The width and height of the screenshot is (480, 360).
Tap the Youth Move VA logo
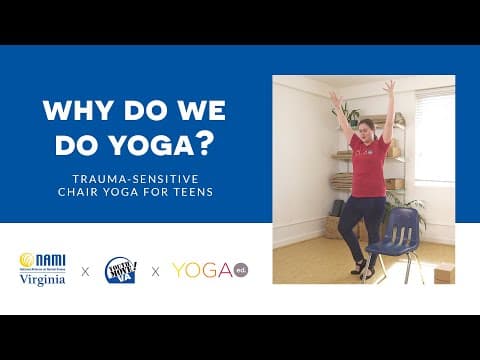click(x=121, y=269)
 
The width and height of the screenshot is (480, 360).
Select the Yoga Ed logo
click(x=209, y=270)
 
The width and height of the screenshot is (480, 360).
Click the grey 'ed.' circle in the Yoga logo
click(x=239, y=270)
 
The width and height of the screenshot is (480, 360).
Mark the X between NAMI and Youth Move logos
click(x=85, y=270)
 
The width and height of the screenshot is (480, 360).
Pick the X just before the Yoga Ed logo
click(x=155, y=270)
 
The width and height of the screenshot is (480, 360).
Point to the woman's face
click(x=366, y=128)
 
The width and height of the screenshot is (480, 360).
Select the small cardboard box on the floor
click(x=443, y=272)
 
